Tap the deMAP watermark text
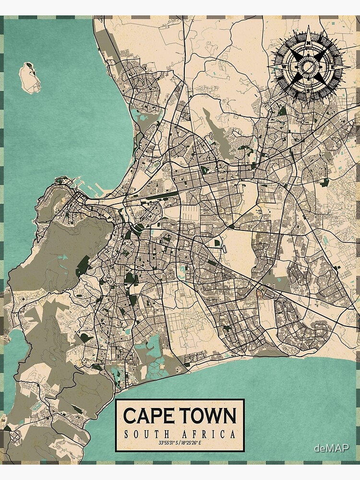(x=331, y=448)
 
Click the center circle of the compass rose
(x=308, y=66)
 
